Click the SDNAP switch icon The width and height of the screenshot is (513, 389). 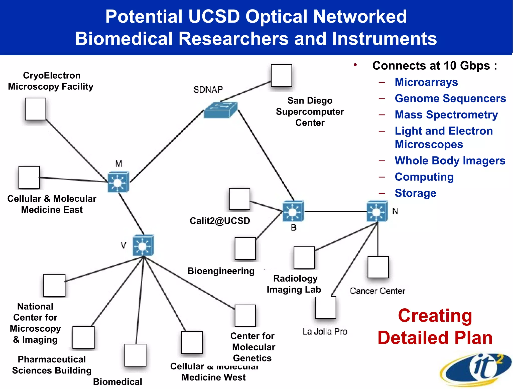coord(220,110)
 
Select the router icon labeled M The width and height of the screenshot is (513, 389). coord(118,182)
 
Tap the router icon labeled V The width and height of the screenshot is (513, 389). coord(143,245)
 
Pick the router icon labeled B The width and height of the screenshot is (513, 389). coord(293,211)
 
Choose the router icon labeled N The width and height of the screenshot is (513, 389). coord(377,211)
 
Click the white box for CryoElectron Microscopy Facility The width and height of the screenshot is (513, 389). coord(35,109)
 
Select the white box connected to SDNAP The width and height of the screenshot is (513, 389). coord(281,75)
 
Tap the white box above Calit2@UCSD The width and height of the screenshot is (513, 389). coord(239,199)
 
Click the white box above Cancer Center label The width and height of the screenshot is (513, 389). coord(378,267)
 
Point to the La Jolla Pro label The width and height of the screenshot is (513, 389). coord(325,331)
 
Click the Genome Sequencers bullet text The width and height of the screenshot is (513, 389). coord(450,98)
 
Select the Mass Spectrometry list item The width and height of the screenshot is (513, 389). coord(446,115)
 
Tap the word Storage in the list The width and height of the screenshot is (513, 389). coord(415,193)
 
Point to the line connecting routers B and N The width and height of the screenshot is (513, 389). coord(336,211)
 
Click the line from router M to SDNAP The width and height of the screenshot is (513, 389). coord(167,147)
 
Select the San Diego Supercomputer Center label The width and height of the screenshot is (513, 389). coord(310,111)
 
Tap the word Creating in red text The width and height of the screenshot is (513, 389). coord(435,316)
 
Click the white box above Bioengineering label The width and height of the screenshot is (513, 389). coord(245,248)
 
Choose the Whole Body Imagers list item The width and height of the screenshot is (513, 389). coord(450,161)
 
